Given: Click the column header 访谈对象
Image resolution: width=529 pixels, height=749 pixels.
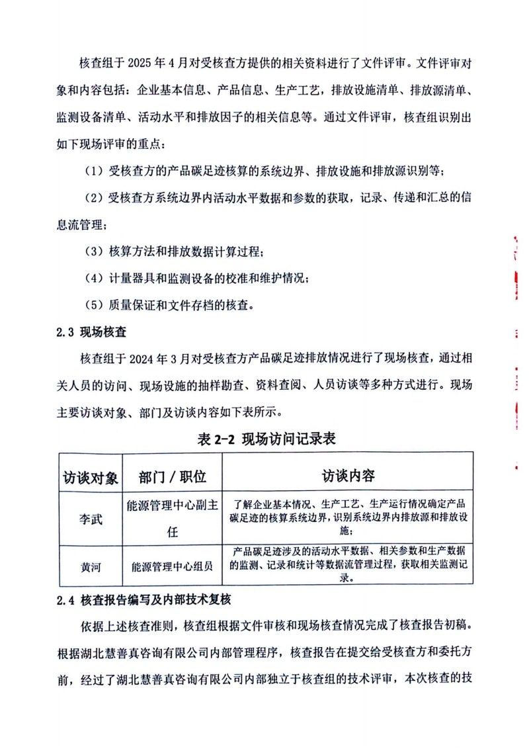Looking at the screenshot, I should point(91,476).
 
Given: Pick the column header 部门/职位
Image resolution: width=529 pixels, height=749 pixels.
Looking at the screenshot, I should point(173,476).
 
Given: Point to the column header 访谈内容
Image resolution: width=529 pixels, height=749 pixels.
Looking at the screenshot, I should point(348,476).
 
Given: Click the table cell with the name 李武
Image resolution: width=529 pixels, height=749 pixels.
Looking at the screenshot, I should point(91,519).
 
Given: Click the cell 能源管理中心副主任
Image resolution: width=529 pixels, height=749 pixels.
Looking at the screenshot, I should point(173,519).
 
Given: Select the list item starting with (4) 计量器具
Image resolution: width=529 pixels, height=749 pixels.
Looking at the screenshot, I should point(198,278).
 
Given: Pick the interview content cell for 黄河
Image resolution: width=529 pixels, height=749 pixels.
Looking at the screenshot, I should point(348,564).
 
